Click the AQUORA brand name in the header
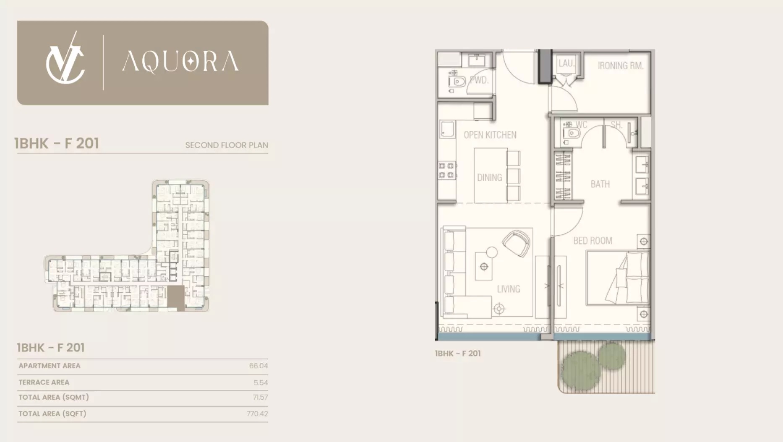[180, 62]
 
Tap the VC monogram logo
[65, 59]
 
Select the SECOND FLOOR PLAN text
[227, 145]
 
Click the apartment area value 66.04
[258, 366]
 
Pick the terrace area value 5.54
[260, 382]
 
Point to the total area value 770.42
[257, 413]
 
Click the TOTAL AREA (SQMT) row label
[54, 397]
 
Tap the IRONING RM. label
[620, 65]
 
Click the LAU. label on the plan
[566, 63]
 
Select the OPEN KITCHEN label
[490, 135]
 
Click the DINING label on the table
[489, 177]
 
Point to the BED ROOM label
[592, 241]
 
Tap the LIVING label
[508, 289]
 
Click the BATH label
[600, 184]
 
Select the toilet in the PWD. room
[458, 81]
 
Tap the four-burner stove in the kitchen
[446, 170]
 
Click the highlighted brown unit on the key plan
[176, 298]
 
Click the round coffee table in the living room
[491, 252]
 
